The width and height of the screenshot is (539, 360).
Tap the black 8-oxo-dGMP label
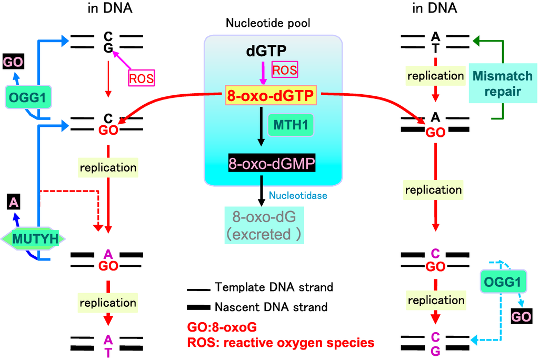271,164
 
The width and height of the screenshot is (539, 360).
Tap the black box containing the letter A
14,202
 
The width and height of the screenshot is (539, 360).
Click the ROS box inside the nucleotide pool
284,69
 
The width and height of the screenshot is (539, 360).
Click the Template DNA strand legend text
274,287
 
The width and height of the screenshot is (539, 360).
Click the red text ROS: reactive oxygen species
280,343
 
